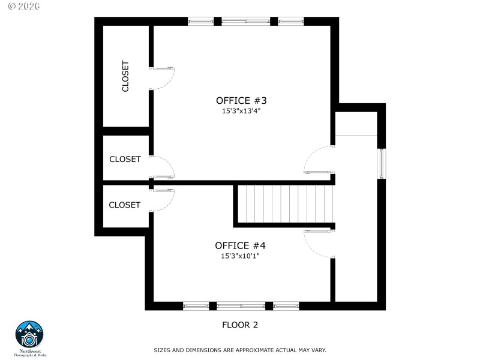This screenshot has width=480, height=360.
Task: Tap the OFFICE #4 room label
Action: (x=240, y=245)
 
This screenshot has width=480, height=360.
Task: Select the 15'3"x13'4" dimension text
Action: (x=241, y=111)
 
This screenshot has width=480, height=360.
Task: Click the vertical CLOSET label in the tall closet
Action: (x=125, y=76)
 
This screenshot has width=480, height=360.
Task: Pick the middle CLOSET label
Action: (x=125, y=159)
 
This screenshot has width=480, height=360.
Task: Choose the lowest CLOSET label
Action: (x=124, y=205)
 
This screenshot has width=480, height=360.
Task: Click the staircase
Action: (x=284, y=203)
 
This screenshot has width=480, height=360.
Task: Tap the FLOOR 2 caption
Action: (x=240, y=325)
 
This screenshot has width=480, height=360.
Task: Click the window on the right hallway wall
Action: (x=381, y=163)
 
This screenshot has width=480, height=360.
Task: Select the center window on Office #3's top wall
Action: (x=246, y=22)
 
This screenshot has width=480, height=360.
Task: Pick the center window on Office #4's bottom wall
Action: (x=241, y=306)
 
